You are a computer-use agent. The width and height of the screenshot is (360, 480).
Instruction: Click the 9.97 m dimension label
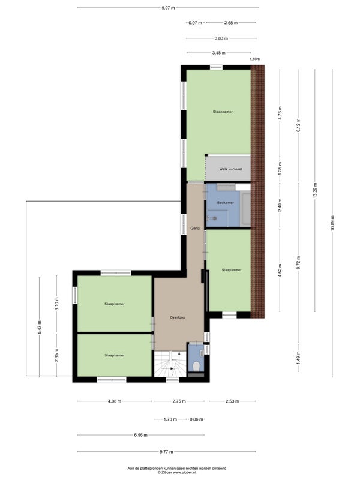168,8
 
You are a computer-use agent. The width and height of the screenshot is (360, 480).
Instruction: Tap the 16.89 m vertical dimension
332,223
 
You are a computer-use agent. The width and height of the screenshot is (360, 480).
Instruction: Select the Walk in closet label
230,169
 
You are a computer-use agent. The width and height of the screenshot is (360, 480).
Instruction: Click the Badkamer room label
226,203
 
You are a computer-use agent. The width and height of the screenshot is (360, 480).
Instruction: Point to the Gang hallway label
195,228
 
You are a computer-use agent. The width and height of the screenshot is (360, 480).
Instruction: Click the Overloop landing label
178,317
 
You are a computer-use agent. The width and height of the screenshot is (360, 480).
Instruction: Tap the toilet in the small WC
196,365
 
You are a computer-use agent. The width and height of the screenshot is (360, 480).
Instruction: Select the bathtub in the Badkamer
245,208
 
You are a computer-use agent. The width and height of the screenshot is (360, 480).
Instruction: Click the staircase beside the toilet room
170,364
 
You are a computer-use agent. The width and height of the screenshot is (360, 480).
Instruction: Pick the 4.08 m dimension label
114,401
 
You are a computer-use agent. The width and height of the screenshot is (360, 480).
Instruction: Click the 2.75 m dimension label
179,401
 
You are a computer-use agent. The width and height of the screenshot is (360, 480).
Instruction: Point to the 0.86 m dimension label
196,419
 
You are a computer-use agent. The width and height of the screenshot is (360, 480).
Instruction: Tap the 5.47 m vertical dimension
40,327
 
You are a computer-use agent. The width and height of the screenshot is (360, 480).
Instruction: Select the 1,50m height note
254,59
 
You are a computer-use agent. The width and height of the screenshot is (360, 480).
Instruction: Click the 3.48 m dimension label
218,53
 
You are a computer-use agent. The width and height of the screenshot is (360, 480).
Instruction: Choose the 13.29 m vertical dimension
315,190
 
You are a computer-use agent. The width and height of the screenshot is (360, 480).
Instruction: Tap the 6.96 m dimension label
140,435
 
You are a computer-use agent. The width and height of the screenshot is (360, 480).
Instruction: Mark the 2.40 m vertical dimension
280,205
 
